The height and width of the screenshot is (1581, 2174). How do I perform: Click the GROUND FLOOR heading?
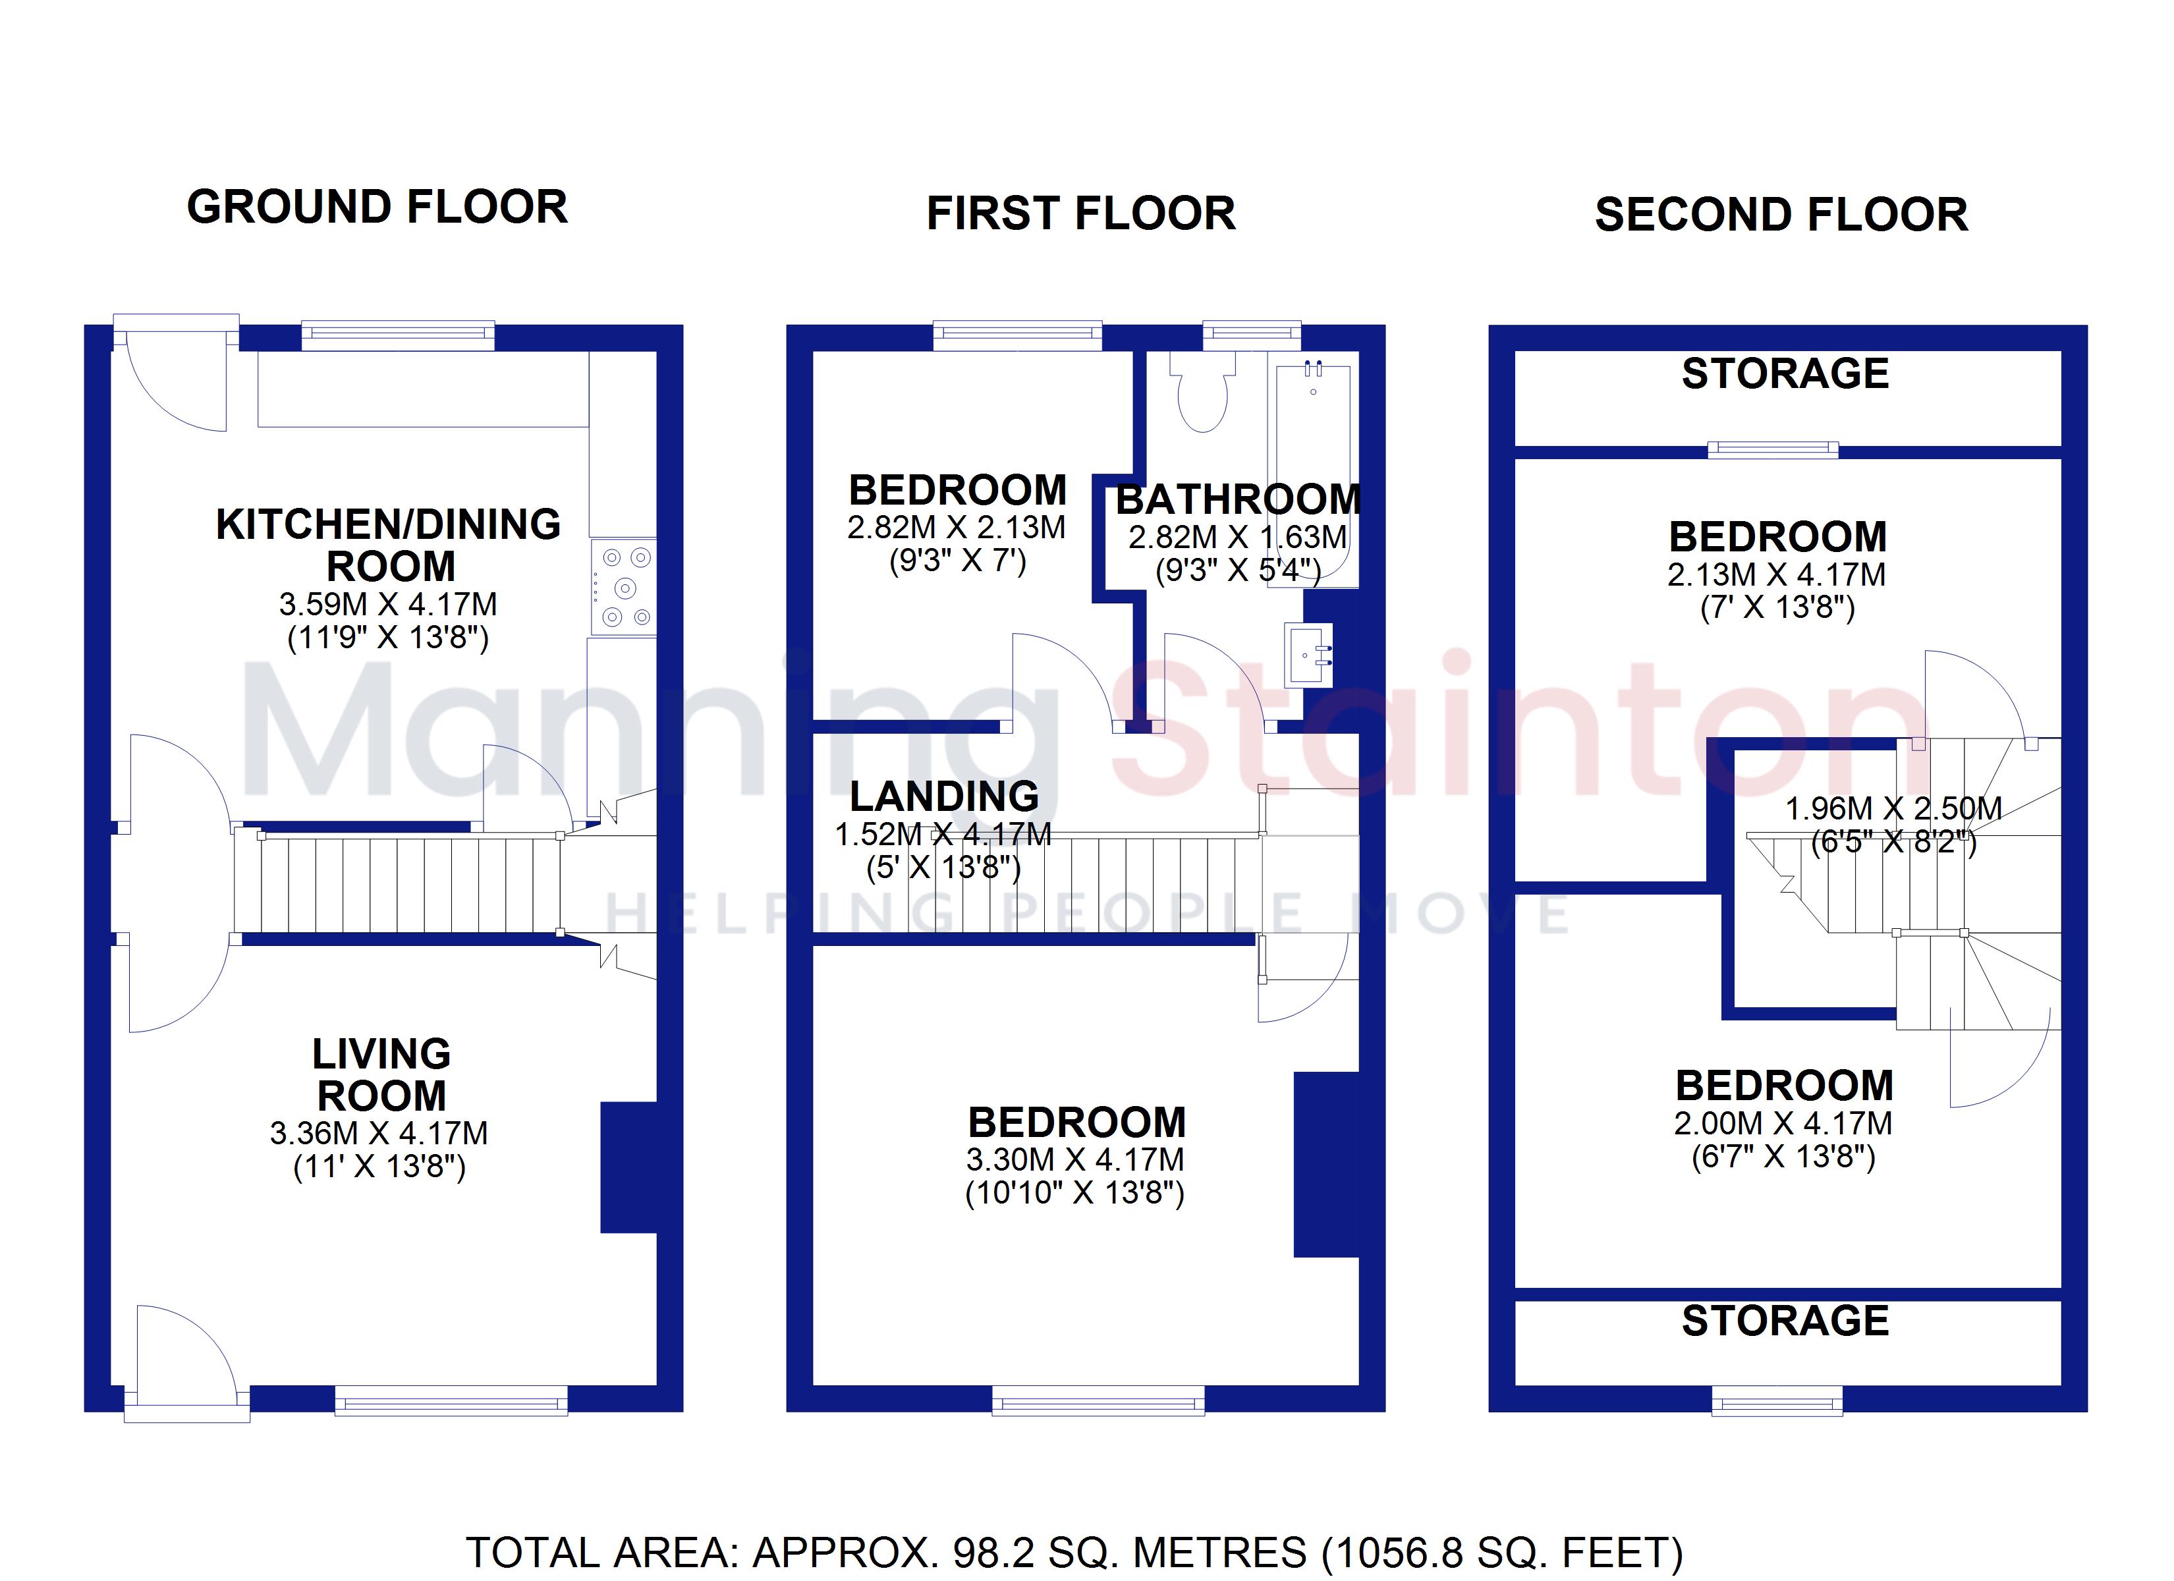377,207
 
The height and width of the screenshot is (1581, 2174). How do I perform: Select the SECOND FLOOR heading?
1781,214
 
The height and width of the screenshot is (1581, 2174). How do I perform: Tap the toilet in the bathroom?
1203,393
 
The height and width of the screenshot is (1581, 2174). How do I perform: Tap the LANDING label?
944,796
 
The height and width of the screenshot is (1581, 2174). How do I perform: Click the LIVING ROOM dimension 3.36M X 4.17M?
379,1133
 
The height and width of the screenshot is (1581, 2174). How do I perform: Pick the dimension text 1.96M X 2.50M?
1893,808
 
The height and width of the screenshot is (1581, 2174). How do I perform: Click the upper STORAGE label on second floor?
1785,373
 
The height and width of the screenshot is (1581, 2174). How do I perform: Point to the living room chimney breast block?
628,1167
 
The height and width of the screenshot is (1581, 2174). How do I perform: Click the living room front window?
451,1401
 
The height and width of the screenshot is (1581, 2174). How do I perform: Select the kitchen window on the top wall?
398,335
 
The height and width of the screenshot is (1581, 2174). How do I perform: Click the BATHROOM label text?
1239,499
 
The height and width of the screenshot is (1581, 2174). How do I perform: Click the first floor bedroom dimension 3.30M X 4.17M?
1074,1159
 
